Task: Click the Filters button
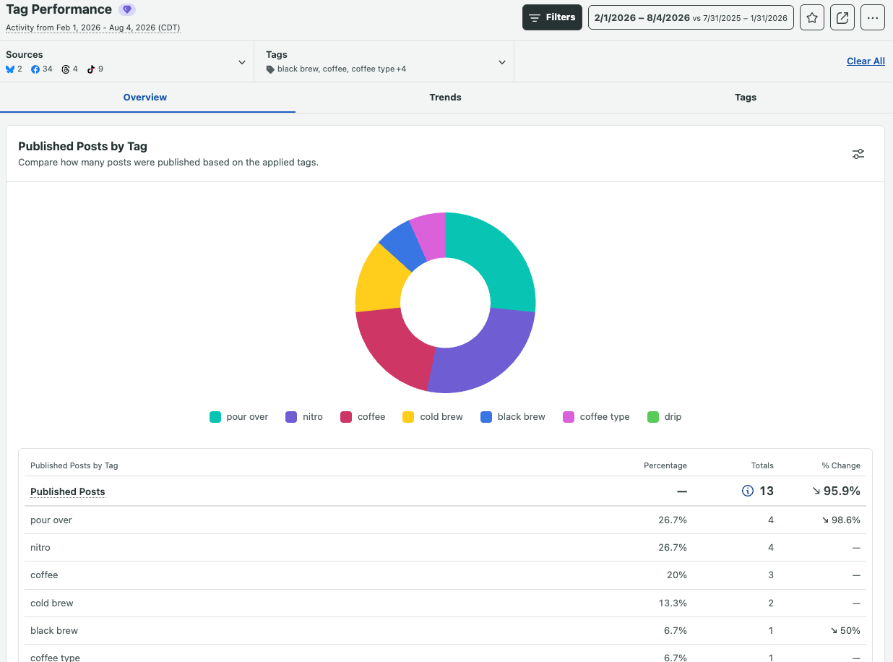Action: click(x=552, y=17)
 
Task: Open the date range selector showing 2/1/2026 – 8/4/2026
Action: click(x=691, y=17)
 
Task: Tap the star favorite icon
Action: click(x=811, y=17)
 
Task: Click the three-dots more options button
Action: click(x=873, y=17)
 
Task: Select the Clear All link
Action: click(x=866, y=61)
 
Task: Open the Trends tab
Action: click(x=445, y=97)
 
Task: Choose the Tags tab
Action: click(x=745, y=97)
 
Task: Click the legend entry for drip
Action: click(x=664, y=416)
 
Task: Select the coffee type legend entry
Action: click(x=596, y=416)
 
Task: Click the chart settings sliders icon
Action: click(x=858, y=154)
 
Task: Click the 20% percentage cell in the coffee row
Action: click(x=677, y=575)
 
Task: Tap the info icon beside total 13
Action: click(x=747, y=491)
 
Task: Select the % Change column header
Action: click(x=841, y=465)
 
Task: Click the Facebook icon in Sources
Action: click(x=35, y=69)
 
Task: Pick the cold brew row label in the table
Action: click(x=52, y=603)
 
